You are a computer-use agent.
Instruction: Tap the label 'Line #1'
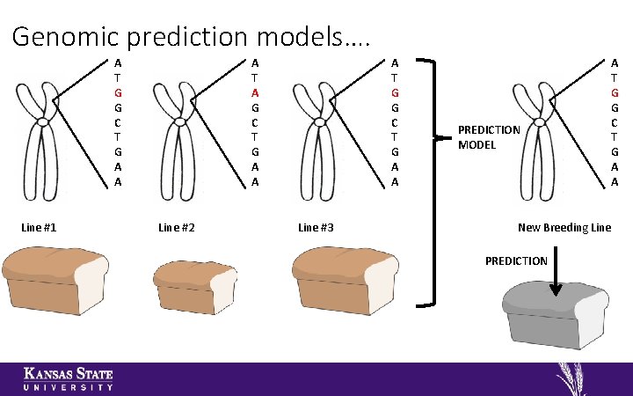pyautogui.click(x=39, y=228)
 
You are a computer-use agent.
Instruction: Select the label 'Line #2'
pyautogui.click(x=176, y=228)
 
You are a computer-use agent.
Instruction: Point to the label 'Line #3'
pyautogui.click(x=316, y=228)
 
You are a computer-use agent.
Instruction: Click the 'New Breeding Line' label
pyautogui.click(x=564, y=228)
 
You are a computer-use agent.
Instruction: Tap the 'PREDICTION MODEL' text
pyautogui.click(x=489, y=137)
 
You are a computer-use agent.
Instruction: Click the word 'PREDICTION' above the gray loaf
pyautogui.click(x=517, y=260)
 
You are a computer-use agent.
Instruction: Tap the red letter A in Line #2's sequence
pyautogui.click(x=255, y=92)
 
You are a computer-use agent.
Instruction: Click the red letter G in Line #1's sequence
pyautogui.click(x=118, y=92)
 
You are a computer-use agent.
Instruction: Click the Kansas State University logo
pyautogui.click(x=68, y=378)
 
